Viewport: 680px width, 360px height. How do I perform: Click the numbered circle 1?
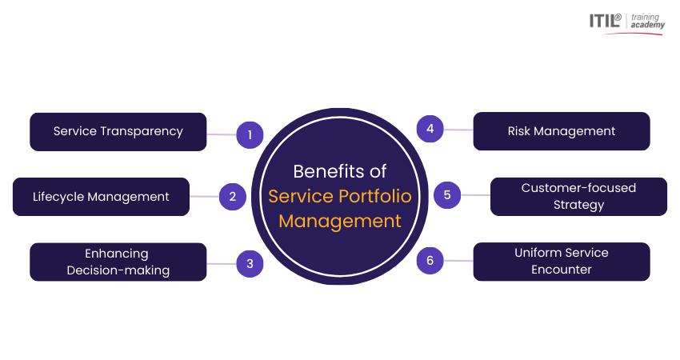(250, 135)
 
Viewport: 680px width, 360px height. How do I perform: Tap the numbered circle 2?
(233, 197)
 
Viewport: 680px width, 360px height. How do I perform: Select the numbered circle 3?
(250, 262)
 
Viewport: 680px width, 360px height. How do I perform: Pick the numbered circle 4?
(430, 129)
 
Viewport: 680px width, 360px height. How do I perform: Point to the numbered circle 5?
(447, 194)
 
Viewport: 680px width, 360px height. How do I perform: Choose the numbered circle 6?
(430, 260)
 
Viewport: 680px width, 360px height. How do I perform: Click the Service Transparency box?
(118, 131)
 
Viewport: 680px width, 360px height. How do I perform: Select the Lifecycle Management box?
(101, 197)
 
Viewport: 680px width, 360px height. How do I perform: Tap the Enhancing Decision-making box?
(118, 262)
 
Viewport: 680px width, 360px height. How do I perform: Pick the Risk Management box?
(562, 131)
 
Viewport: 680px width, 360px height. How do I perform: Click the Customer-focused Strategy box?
(578, 197)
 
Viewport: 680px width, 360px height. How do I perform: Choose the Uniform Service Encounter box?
(562, 262)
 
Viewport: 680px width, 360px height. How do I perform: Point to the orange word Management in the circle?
(340, 221)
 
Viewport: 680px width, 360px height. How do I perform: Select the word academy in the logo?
(647, 26)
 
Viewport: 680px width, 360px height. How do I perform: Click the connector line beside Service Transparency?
(222, 134)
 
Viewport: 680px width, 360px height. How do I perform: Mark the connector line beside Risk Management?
(458, 130)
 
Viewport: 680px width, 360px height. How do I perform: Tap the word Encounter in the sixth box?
(562, 270)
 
